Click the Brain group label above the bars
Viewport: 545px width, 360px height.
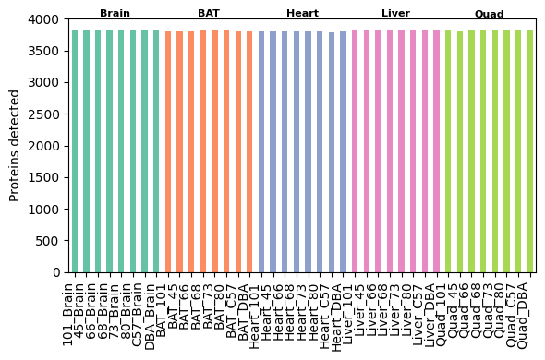tap(115, 13)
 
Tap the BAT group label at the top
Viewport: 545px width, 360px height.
tap(209, 13)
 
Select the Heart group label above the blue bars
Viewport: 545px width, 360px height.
tap(302, 13)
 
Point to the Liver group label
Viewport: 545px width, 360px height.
tap(395, 13)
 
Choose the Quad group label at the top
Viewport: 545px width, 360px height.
tap(489, 14)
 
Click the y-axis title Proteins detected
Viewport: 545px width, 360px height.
tap(15, 145)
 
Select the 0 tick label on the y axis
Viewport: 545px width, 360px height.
tap(56, 272)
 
